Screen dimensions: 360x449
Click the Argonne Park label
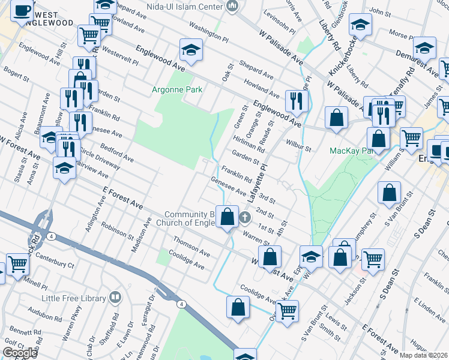[177, 90]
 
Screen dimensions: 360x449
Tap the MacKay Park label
[351, 150]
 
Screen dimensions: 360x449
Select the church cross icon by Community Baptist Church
[244, 217]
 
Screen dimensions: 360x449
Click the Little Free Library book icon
[115, 298]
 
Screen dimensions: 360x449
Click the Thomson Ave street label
[191, 245]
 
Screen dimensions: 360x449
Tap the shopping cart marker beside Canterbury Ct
[18, 263]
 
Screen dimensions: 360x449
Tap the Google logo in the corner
[20, 353]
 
